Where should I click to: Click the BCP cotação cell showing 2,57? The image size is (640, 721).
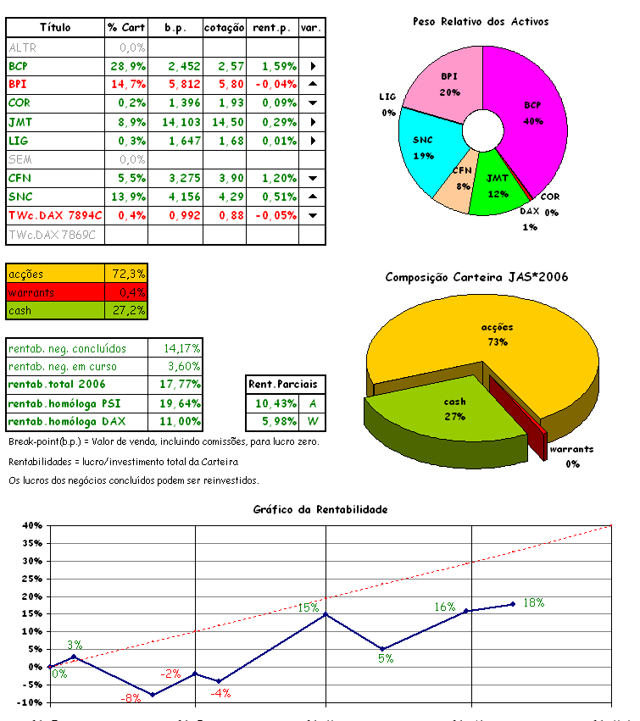tap(224, 66)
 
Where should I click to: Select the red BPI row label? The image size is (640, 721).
tap(19, 85)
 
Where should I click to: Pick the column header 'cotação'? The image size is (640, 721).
tap(224, 28)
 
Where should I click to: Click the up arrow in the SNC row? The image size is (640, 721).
tap(313, 197)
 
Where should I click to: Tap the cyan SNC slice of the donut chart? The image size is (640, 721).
tap(424, 153)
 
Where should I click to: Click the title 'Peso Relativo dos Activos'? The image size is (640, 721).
tap(481, 21)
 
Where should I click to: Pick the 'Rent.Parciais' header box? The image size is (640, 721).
tap(287, 385)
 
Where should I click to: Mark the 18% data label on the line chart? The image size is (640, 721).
tap(533, 602)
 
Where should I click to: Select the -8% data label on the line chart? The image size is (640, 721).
tap(131, 698)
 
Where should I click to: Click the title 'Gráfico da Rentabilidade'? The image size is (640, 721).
tap(320, 510)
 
